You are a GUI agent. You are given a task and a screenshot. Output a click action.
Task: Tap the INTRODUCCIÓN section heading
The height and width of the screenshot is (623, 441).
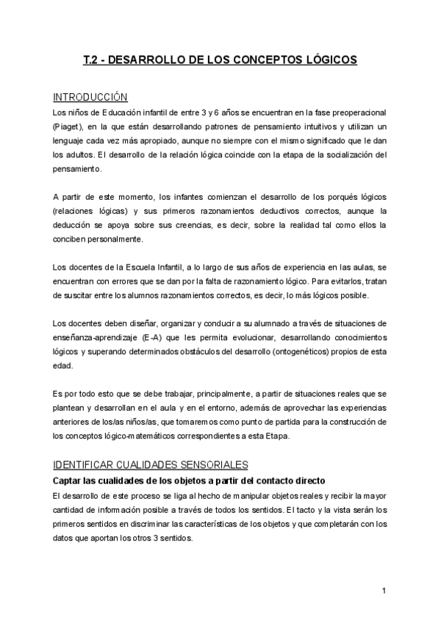pos(91,97)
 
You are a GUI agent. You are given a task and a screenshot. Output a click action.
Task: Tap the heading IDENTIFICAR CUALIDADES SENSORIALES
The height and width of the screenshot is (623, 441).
pos(151,465)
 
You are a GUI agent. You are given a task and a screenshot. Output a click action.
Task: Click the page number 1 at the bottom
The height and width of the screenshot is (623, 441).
pos(384,590)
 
